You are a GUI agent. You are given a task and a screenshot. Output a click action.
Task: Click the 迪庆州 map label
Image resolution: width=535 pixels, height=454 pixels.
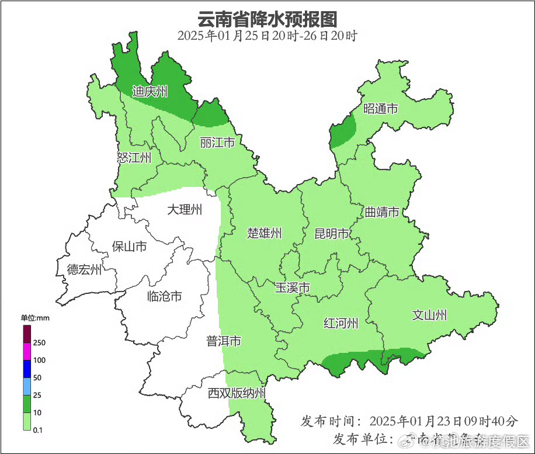click(150, 91)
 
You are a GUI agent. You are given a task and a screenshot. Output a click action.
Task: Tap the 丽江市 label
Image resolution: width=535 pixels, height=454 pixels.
click(217, 143)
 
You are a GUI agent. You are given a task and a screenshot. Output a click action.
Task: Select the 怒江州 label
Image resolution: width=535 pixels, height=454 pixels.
click(134, 158)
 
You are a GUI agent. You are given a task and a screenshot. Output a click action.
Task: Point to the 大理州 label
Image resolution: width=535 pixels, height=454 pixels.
click(185, 209)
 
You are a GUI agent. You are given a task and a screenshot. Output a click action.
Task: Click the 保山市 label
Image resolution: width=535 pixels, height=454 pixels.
click(129, 247)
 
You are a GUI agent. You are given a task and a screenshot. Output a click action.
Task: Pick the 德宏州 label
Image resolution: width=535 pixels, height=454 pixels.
click(84, 269)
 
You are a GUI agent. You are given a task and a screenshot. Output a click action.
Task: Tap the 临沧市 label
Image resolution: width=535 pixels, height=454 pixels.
click(164, 296)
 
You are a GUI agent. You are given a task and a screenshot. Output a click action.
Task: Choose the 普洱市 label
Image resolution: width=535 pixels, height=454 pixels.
click(224, 341)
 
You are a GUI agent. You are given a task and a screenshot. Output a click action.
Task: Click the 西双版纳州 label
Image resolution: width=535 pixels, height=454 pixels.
click(237, 393)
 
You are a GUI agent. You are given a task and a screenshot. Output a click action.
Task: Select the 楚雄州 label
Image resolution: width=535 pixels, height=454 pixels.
click(265, 234)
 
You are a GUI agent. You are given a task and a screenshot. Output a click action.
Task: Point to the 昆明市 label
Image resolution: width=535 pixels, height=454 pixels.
click(332, 234)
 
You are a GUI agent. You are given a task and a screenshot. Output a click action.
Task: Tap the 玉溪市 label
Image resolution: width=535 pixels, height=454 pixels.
click(293, 287)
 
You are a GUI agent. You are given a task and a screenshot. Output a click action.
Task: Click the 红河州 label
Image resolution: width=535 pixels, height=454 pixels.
click(341, 323)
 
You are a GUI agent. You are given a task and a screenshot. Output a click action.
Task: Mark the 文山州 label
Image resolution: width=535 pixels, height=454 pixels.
click(429, 315)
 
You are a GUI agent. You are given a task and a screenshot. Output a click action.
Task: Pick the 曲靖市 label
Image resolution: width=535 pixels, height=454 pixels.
click(382, 212)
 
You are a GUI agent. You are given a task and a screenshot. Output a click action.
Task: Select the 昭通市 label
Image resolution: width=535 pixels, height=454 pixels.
click(381, 109)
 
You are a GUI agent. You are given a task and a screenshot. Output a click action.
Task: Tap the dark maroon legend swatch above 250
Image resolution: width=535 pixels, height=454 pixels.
click(27, 334)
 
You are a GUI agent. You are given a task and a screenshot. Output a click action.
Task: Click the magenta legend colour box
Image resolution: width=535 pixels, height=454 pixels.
click(27, 351)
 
